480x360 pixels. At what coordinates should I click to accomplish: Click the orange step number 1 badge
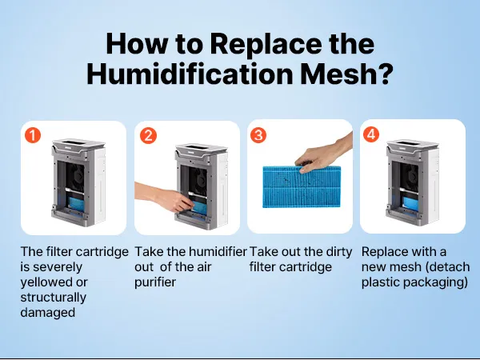coord(33,135)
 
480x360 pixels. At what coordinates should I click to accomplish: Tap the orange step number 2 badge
coord(149,135)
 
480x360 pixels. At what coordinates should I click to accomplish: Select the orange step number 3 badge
coord(258,135)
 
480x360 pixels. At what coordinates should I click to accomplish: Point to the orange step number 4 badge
coord(371,134)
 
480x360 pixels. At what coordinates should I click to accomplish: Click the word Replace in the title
coord(266,44)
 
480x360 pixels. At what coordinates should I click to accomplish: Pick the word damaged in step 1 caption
coord(48,313)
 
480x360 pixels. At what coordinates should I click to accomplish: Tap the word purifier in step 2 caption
coord(155,282)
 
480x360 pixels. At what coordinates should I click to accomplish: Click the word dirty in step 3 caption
coord(338,252)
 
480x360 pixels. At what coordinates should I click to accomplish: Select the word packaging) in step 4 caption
coord(441,282)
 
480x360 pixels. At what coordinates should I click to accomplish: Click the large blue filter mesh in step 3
coord(302,186)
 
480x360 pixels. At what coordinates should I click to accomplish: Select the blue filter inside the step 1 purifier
coord(77,204)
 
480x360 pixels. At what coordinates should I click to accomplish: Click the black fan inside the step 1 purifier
coord(75,178)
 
